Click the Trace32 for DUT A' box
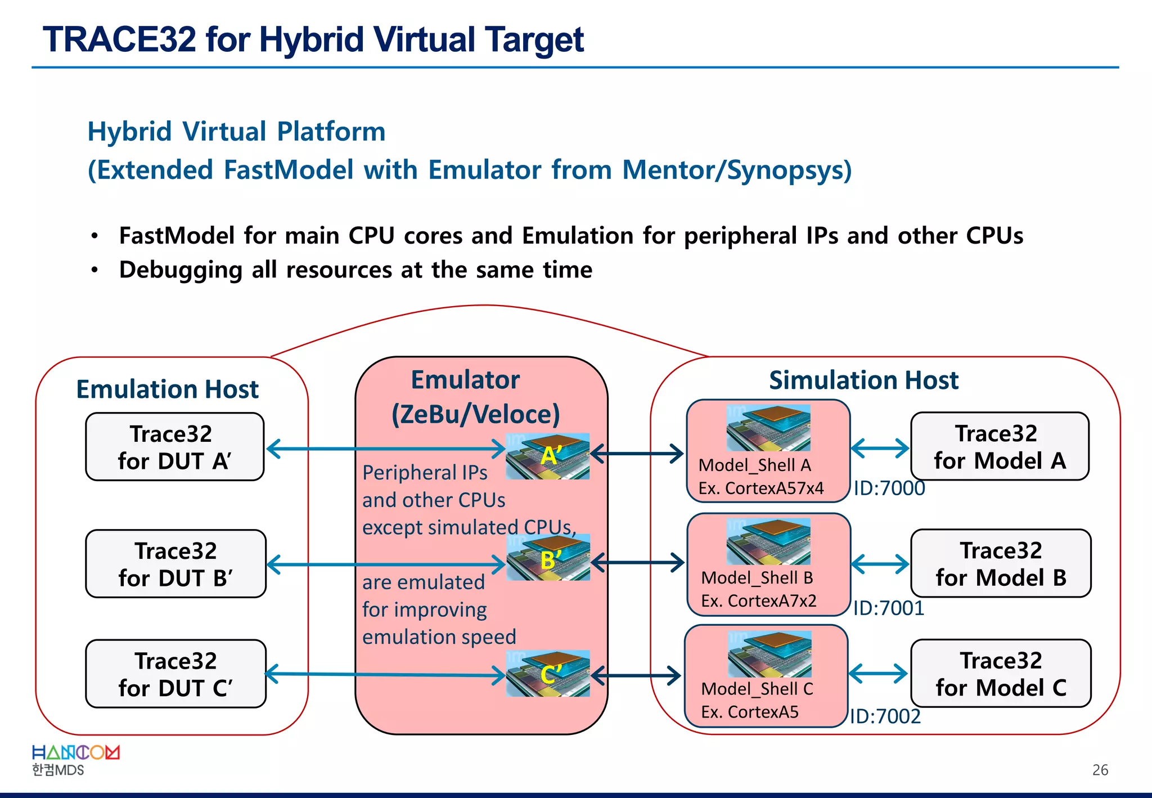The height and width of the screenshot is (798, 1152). (x=174, y=447)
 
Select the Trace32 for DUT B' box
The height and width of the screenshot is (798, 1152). (x=175, y=564)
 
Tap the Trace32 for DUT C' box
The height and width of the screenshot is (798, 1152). (x=175, y=674)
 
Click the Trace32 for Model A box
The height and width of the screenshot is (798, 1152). (x=1000, y=446)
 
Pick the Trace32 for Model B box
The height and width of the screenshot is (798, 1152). (x=1001, y=563)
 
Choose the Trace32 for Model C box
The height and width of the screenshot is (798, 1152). (x=1001, y=673)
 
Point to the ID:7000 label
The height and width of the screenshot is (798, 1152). (x=889, y=488)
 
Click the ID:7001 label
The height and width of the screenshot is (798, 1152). (x=888, y=608)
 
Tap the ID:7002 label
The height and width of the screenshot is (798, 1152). (x=885, y=716)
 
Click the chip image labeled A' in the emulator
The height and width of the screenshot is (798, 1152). (x=547, y=456)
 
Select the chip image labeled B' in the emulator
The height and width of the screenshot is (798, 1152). (x=548, y=557)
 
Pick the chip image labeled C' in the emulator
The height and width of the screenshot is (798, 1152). (x=548, y=674)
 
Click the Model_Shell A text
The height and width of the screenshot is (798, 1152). (x=754, y=465)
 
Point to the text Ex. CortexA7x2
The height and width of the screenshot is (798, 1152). (x=758, y=600)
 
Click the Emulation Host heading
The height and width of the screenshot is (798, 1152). (x=167, y=389)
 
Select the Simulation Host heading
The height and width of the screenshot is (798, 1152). (x=863, y=380)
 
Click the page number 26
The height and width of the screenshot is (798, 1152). (x=1100, y=770)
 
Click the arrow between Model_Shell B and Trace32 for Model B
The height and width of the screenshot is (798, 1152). (x=880, y=563)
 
